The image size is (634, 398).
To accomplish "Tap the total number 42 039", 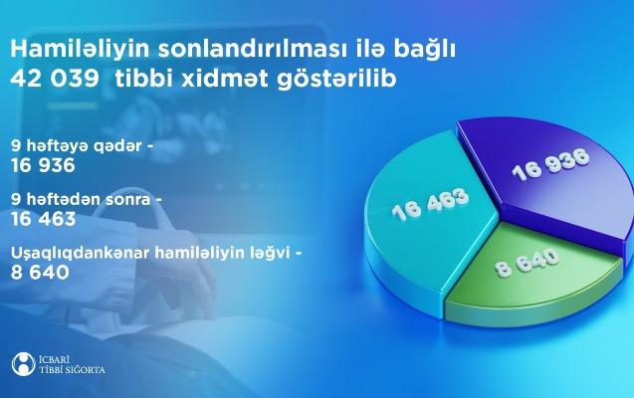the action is (x=55, y=79).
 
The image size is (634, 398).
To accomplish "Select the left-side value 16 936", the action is (x=43, y=165).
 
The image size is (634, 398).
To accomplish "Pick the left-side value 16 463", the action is (x=43, y=219).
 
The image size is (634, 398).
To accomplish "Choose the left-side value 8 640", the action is (x=40, y=273).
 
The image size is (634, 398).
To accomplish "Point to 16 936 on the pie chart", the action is (x=550, y=165).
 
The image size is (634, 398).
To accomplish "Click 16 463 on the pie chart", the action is (x=431, y=204).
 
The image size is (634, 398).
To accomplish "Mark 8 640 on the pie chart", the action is (x=528, y=263).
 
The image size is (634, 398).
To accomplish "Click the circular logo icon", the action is (x=24, y=365).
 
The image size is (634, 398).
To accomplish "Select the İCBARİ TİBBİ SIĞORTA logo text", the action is (x=72, y=365).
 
